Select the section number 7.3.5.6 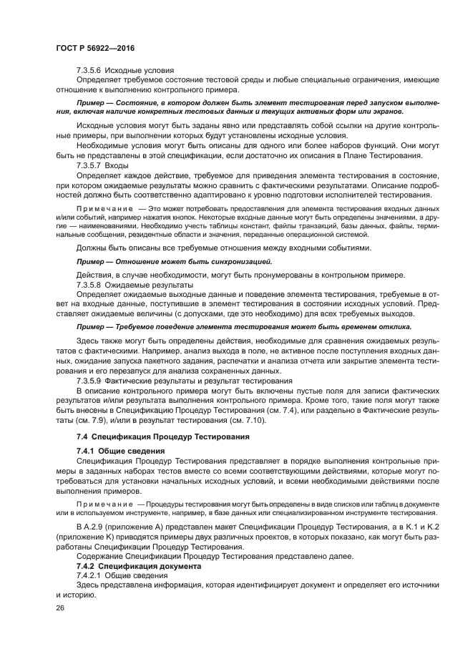[x=89, y=71]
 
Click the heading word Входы [x=120, y=165]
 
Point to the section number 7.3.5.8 [x=89, y=285]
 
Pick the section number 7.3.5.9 [x=89, y=381]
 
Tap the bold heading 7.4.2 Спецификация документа [x=129, y=566]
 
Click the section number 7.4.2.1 [x=89, y=575]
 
